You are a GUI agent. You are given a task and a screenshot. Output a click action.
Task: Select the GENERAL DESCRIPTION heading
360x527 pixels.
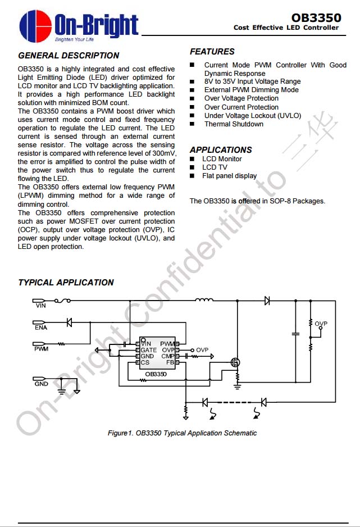[x=69, y=56]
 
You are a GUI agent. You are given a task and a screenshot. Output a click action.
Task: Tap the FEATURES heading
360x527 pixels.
[x=212, y=52]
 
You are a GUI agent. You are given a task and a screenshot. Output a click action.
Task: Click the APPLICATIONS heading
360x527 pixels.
[x=221, y=150]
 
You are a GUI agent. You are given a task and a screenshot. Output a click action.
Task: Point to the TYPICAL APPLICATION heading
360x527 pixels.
[x=66, y=283]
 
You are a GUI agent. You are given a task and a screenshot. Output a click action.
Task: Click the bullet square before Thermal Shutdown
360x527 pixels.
[x=192, y=124]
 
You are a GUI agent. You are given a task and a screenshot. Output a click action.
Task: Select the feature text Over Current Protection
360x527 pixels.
[x=241, y=107]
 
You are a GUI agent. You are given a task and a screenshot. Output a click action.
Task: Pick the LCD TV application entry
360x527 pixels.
[x=215, y=167]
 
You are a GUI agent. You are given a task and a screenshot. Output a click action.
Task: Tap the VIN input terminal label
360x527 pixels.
[x=41, y=306]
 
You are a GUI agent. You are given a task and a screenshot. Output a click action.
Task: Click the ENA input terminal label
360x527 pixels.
[x=41, y=328]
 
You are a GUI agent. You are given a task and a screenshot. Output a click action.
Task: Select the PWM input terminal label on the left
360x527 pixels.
[x=41, y=349]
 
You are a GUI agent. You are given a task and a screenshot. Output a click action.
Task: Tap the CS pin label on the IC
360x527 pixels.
[x=145, y=363]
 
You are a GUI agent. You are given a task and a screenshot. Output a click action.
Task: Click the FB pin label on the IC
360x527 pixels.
[x=170, y=363]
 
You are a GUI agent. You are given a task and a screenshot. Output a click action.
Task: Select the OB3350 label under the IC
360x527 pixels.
[x=156, y=374]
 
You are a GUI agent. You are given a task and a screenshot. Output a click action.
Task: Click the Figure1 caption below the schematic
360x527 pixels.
[x=182, y=433]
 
